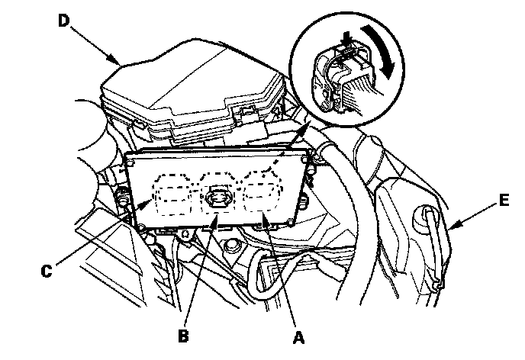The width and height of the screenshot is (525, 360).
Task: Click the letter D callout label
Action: point(63,21)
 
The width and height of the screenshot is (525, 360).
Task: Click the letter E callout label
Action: point(503,201)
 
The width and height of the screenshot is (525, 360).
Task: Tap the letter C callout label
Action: point(47,271)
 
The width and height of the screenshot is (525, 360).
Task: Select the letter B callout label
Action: point(183,336)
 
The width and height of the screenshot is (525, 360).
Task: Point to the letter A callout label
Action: point(298,338)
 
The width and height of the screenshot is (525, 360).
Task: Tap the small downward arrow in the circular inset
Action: point(346,38)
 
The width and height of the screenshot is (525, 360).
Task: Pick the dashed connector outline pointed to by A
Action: point(262,192)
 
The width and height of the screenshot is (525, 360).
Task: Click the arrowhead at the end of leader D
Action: point(114,60)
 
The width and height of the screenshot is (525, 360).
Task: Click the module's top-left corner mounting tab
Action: point(129,162)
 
